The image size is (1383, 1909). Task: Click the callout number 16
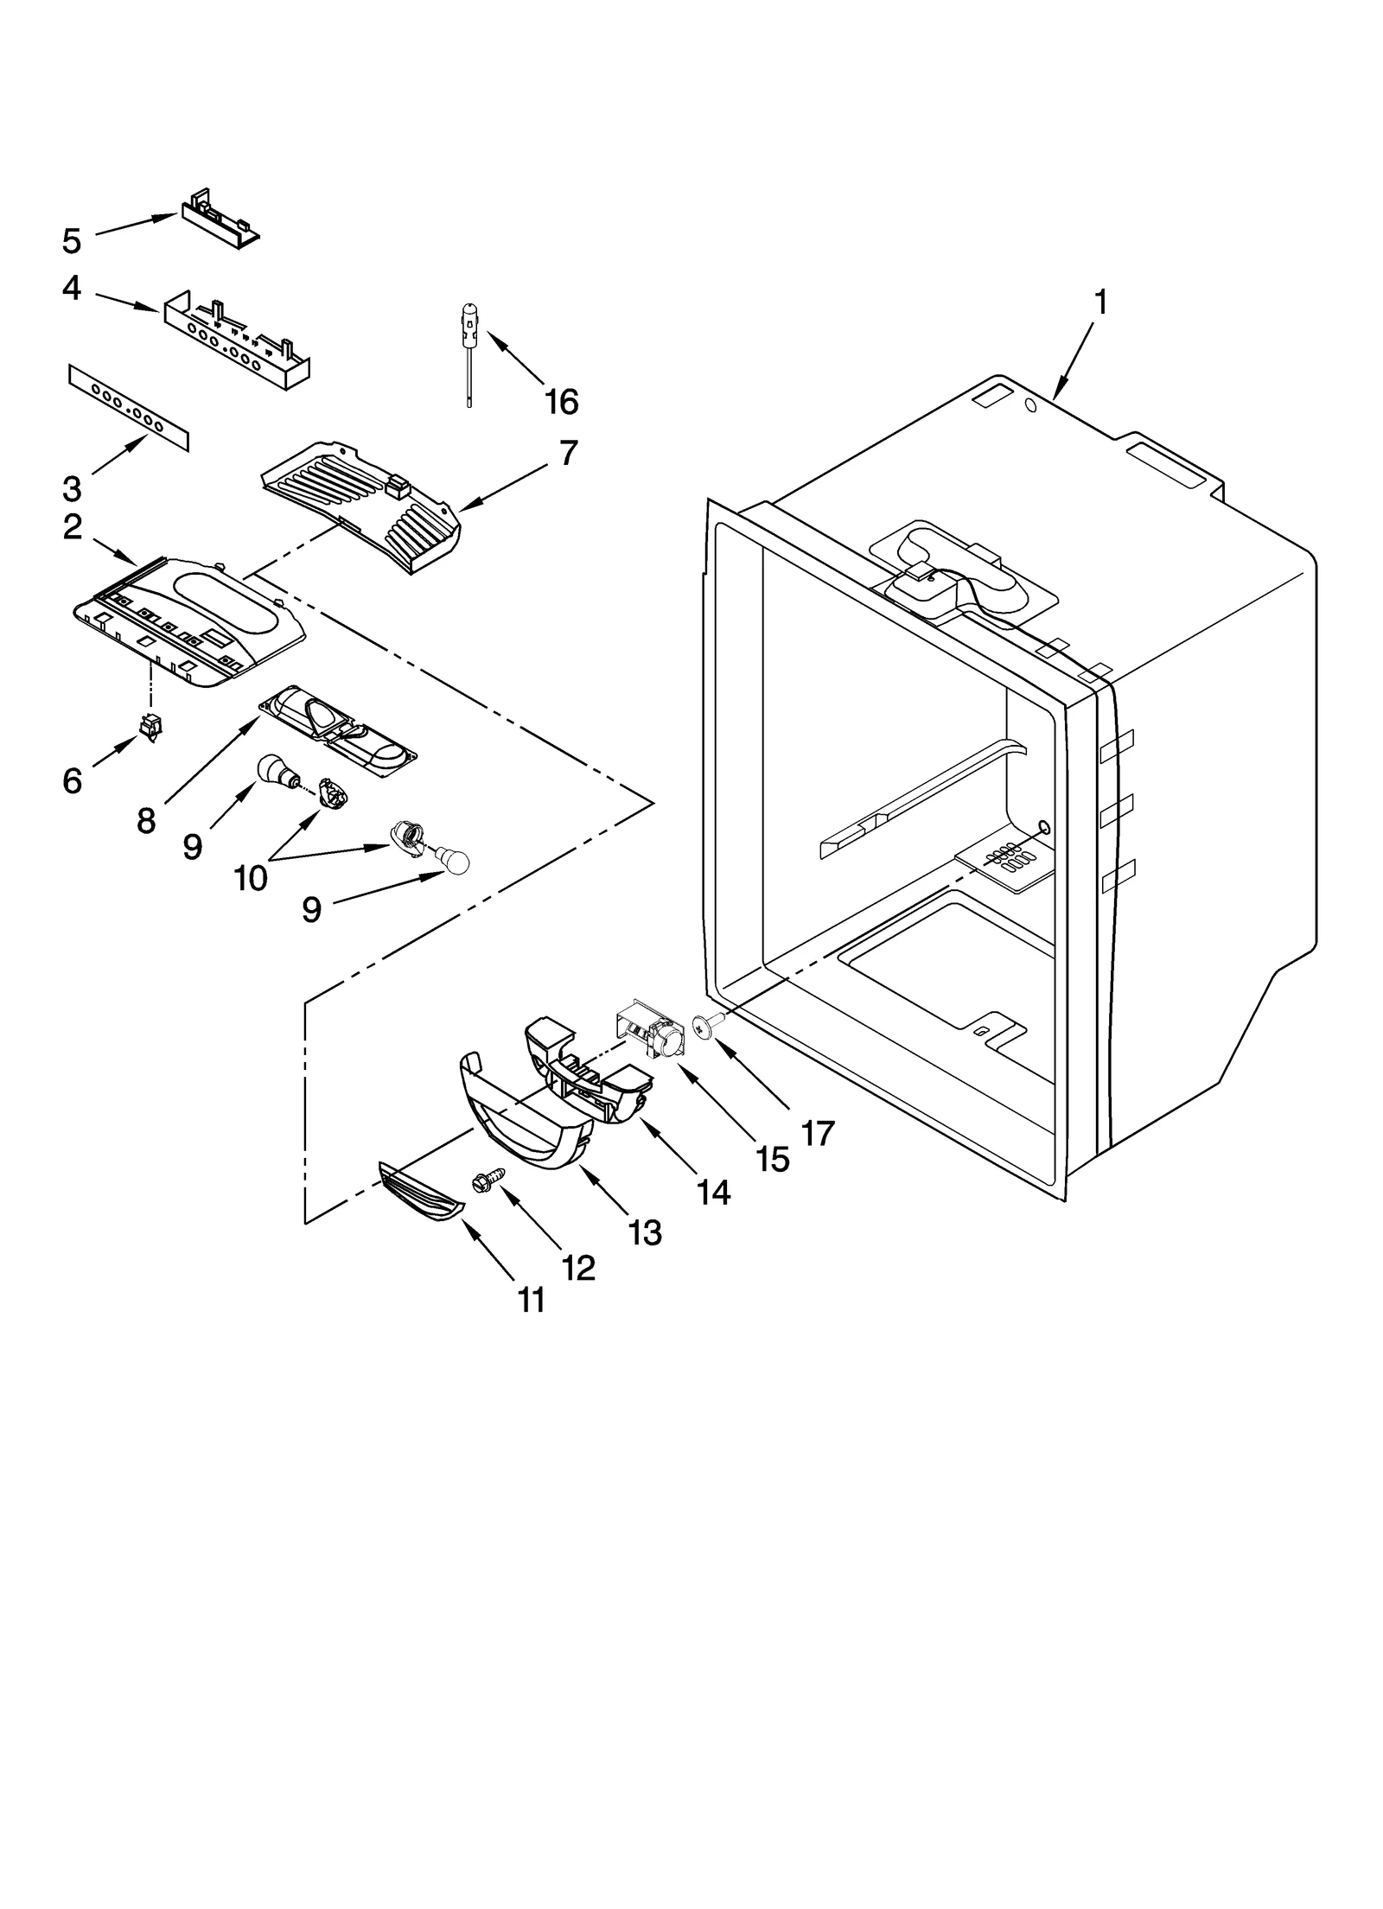coord(561,401)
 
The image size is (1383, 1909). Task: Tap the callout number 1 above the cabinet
coord(1099,302)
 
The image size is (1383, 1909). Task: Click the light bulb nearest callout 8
coord(276,769)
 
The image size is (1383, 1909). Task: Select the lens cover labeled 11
coord(421,1193)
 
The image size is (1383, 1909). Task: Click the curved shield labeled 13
coord(522,1117)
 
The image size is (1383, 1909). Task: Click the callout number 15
coord(771,1159)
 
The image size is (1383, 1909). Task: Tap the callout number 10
coord(251,877)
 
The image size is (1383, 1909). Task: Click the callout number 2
coord(73,526)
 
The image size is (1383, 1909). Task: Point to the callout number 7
coord(567,453)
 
